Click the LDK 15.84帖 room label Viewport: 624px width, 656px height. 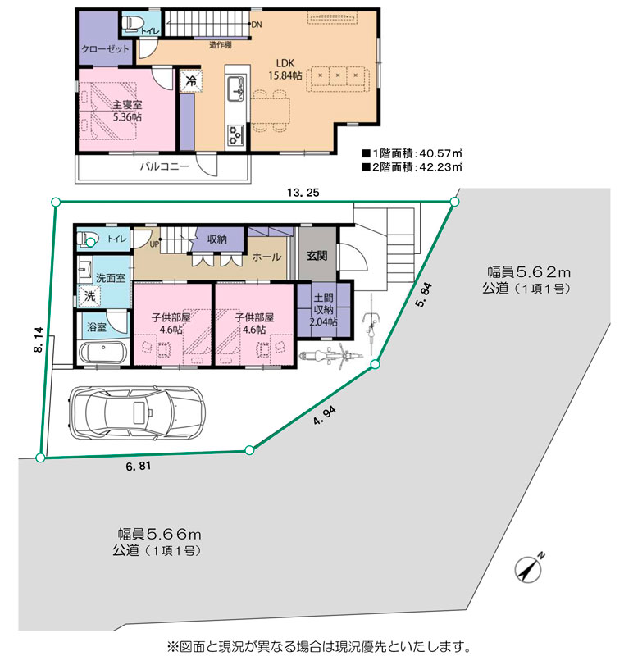[x=285, y=70]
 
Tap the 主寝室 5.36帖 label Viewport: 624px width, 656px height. [x=127, y=111]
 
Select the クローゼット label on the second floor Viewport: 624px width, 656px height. [x=106, y=49]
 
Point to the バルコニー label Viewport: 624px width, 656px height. [x=164, y=166]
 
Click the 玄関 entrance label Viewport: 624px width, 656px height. [x=317, y=256]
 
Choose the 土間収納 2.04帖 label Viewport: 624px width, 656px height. [x=323, y=310]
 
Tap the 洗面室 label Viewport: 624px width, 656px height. [x=111, y=278]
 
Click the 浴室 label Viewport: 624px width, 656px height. [x=97, y=326]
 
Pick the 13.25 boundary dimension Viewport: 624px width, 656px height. [x=303, y=193]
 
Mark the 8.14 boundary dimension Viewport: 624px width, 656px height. [x=39, y=339]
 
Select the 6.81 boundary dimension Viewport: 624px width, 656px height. [x=139, y=466]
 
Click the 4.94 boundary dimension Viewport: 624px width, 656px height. [x=325, y=416]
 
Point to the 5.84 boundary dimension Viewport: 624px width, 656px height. [x=424, y=295]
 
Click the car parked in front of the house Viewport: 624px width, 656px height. [x=136, y=413]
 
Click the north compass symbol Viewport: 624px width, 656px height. [x=529, y=569]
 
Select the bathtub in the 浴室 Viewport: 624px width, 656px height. [x=102, y=353]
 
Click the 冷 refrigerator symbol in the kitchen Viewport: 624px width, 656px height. [x=191, y=80]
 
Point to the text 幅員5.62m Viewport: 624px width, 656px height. [x=529, y=272]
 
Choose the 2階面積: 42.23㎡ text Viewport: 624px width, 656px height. [x=412, y=167]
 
